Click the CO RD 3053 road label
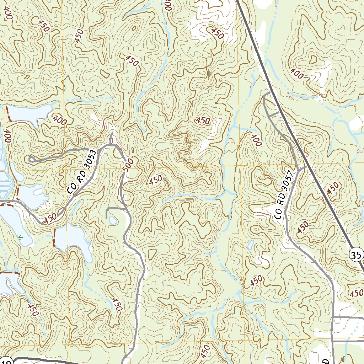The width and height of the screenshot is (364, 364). tap(82, 172)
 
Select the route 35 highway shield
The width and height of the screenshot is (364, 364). tap(357, 255)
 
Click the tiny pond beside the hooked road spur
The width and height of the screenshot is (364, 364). tap(113, 221)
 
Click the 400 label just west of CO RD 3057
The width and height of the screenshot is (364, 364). tap(256, 140)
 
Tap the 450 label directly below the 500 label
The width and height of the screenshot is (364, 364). tap(156, 180)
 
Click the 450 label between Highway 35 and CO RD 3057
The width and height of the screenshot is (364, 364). tap(303, 227)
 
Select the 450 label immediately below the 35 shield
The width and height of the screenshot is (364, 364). tap(356, 293)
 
